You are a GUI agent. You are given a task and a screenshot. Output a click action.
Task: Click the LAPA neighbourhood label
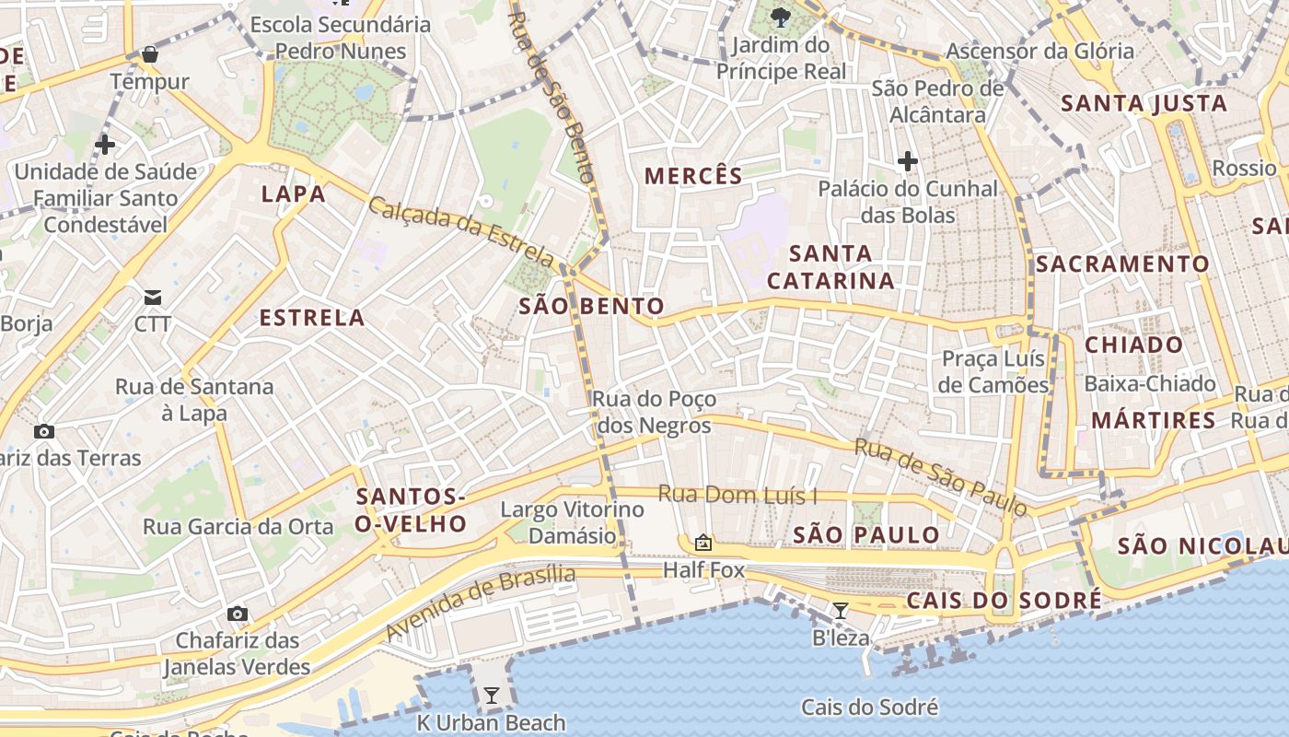pyautogui.click(x=294, y=193)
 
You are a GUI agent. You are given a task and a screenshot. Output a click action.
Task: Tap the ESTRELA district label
pyautogui.click(x=312, y=318)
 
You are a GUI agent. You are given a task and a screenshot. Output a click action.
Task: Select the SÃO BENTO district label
pyautogui.click(x=591, y=306)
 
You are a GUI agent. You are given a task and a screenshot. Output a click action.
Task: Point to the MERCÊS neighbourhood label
pyautogui.click(x=693, y=176)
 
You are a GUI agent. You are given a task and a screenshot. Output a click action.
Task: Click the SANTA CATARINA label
pyautogui.click(x=830, y=266)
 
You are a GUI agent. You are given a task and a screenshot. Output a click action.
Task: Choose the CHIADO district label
pyautogui.click(x=1133, y=345)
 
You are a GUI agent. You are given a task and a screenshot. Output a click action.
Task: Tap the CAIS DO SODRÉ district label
pyautogui.click(x=1004, y=601)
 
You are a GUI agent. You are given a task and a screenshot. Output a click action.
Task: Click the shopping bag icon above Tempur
pyautogui.click(x=150, y=55)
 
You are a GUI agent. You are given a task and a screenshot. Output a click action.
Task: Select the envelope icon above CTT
pyautogui.click(x=152, y=297)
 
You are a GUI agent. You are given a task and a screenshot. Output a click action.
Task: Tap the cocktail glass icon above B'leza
pyautogui.click(x=840, y=610)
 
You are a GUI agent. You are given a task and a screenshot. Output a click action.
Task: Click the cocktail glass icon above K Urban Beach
pyautogui.click(x=492, y=696)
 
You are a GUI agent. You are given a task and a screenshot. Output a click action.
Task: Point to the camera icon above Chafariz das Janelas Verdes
pyautogui.click(x=238, y=614)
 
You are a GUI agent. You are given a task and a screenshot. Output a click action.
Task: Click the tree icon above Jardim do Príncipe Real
pyautogui.click(x=781, y=16)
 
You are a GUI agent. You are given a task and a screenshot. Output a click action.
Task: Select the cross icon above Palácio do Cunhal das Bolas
pyautogui.click(x=908, y=162)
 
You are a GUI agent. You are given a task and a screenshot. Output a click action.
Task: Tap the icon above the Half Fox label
pyautogui.click(x=703, y=543)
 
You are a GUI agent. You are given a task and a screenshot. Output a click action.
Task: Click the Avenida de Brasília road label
pyautogui.click(x=481, y=602)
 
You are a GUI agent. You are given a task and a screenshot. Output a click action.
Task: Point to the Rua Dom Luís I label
pyautogui.click(x=737, y=495)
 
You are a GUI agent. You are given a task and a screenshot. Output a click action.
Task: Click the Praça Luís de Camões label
pyautogui.click(x=993, y=371)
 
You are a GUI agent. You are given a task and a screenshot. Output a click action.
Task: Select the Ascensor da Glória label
pyautogui.click(x=1039, y=52)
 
